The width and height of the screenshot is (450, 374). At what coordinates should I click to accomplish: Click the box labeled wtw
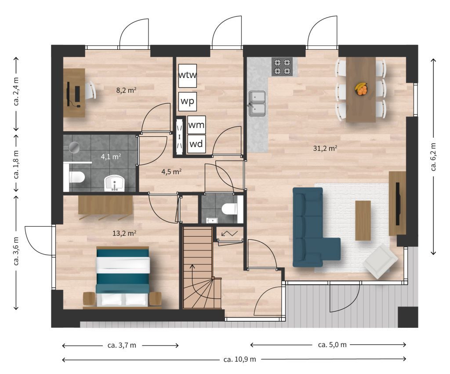click(188, 76)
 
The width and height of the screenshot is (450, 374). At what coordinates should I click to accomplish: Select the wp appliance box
click(187, 101)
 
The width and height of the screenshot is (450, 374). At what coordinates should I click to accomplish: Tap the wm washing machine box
click(196, 125)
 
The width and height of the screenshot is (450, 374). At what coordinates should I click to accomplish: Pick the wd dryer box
click(196, 143)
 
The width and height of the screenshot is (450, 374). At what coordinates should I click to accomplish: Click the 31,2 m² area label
click(325, 148)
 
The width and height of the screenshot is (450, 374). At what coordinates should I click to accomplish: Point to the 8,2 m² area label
click(126, 90)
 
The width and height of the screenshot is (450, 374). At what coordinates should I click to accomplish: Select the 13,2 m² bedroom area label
click(124, 233)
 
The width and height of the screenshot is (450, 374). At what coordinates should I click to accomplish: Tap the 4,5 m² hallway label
click(171, 172)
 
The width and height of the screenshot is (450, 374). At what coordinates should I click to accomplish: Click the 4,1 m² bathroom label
click(111, 157)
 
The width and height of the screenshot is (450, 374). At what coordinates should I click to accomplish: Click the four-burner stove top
click(282, 66)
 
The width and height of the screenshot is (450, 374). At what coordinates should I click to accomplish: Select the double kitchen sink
click(257, 103)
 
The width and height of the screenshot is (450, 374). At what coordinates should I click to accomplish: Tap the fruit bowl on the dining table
click(361, 89)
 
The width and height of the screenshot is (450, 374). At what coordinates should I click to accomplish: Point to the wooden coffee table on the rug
click(363, 220)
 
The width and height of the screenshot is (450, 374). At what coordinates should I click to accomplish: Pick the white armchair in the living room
click(380, 261)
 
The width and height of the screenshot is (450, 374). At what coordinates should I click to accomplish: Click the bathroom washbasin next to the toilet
click(115, 183)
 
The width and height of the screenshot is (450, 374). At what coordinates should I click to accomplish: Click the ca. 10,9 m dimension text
click(240, 359)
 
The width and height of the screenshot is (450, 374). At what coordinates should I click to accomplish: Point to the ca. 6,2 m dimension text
click(433, 157)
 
